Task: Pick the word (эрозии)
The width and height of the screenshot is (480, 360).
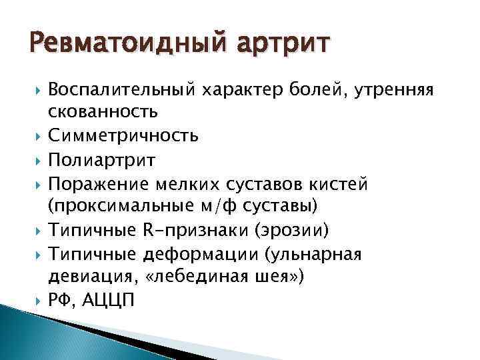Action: (x=295, y=231)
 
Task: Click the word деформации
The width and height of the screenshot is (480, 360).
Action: (x=194, y=255)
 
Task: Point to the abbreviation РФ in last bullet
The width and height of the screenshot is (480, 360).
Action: (x=61, y=301)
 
